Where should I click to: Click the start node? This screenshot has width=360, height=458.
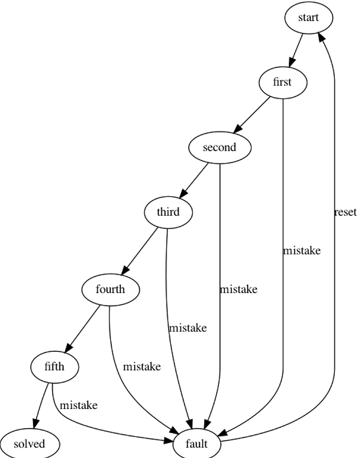pos(309,18)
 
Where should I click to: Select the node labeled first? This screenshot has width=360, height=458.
pos(283,82)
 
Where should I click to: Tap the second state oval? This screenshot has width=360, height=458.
pos(220,147)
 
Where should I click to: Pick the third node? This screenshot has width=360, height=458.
pos(168,213)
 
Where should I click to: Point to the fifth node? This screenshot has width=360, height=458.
pos(55,367)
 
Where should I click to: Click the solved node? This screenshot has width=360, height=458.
pos(29,444)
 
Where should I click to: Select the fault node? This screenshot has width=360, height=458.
pos(196,444)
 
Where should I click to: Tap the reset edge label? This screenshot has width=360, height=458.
pos(345,212)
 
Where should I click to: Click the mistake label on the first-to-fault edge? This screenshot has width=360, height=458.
pos(302,251)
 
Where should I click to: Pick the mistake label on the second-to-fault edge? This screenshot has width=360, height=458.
pos(239,289)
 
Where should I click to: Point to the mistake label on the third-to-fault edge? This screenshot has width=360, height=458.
pos(188,328)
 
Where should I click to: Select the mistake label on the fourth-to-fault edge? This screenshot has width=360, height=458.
pos(142,366)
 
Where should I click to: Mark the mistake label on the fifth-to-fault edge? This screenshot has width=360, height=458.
pos(79,405)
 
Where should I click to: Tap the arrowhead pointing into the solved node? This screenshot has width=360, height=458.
pos(36,424)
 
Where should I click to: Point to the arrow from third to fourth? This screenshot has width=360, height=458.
pos(140,251)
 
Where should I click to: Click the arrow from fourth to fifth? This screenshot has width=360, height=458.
pos(82,328)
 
